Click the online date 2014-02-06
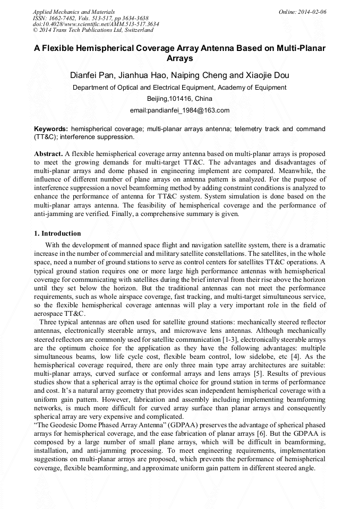click(312, 12)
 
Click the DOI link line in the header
click(96, 24)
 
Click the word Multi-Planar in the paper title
click(300, 48)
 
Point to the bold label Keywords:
click(51, 129)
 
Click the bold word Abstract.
click(48, 154)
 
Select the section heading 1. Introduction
click(57, 234)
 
